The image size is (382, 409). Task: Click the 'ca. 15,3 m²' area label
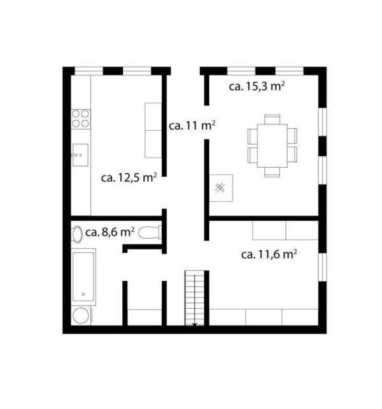pos(257,86)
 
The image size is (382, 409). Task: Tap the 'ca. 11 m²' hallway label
pos(192,126)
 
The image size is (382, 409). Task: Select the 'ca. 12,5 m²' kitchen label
pos(129,177)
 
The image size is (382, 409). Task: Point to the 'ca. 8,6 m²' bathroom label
pos(110,232)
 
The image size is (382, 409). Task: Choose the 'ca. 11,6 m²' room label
pos(269,255)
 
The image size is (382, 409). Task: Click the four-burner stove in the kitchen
pos(81,119)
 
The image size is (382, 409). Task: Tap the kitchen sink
pos(80,155)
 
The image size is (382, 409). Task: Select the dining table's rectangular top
pos(272,145)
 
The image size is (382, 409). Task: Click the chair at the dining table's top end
pos(272,119)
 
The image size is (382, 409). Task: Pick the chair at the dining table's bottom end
pos(272,172)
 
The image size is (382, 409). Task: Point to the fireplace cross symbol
pos(220,188)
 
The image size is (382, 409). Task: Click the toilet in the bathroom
pos(150,232)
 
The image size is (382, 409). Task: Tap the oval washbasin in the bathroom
pos(77,234)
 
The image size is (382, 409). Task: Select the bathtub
pos(83,277)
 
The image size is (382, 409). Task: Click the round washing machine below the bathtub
pos(81,316)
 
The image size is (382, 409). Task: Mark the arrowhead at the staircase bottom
pos(194,325)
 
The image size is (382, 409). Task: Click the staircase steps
pos(194,298)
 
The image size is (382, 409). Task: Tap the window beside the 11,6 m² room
pos(322,267)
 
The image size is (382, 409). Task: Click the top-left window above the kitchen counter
pos(88,71)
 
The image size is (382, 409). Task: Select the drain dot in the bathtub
pos(83,295)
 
